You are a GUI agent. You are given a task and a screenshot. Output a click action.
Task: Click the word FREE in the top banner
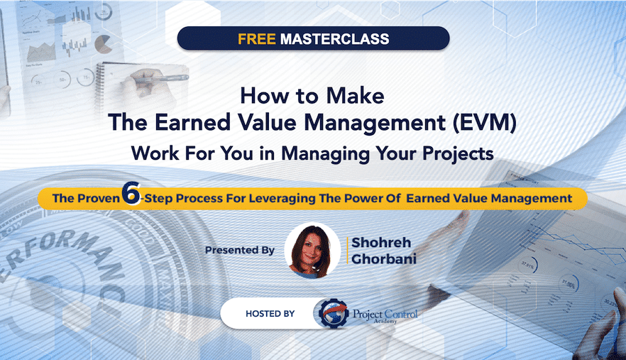click(257, 39)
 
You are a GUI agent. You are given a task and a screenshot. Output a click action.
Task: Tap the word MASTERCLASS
click(334, 39)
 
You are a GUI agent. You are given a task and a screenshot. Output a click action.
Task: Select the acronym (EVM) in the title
click(485, 122)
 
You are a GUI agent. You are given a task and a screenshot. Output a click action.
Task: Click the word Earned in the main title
click(193, 122)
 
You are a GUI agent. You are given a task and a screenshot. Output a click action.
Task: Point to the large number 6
click(131, 193)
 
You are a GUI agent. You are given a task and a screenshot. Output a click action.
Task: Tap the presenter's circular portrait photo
click(312, 251)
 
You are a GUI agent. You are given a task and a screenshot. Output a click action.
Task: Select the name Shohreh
click(381, 242)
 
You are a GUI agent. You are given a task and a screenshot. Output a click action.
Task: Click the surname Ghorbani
click(384, 259)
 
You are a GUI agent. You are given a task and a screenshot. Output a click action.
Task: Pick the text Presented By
click(240, 250)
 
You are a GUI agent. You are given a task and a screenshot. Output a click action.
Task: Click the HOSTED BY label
click(270, 314)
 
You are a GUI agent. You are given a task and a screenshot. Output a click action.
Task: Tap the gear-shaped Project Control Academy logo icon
click(333, 313)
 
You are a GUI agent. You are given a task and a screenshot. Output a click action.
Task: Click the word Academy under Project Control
click(385, 321)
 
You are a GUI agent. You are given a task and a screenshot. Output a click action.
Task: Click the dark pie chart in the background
click(103, 44)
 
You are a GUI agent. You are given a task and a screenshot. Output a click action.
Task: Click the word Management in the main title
click(375, 123)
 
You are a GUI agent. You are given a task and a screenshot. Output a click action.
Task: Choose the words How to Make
click(312, 96)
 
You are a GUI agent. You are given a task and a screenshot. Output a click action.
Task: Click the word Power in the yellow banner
click(361, 198)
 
